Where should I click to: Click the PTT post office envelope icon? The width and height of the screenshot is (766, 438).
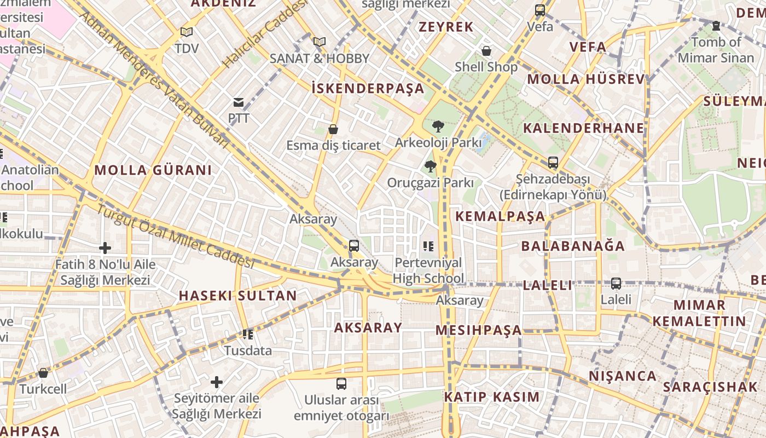coord(239,102)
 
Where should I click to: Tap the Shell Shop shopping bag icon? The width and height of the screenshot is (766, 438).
coord(486,51)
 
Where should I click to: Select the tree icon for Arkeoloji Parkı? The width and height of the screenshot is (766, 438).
coord(438,126)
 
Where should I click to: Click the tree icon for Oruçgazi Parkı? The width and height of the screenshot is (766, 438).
coord(431,166)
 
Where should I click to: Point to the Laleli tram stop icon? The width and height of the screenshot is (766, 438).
coord(616,284)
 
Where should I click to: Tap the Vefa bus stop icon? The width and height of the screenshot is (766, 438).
coord(540,10)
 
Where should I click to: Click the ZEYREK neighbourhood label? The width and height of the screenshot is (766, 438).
coord(446,27)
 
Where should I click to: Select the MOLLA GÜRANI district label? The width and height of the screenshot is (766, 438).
coord(153,170)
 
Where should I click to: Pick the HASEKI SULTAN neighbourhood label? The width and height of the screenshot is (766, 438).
coord(237,296)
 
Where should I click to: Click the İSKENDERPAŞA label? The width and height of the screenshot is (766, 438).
coord(368,88)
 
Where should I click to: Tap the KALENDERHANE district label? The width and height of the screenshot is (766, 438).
coord(584,128)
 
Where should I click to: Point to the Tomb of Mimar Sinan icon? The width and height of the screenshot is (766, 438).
coord(716,26)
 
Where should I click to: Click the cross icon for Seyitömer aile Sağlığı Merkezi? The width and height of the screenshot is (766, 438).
coord(217,382)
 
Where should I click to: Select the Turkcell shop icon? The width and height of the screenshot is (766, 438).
coord(43,373)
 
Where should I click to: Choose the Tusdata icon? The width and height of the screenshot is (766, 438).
coord(248,334)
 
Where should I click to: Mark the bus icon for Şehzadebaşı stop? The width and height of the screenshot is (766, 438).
coord(553,163)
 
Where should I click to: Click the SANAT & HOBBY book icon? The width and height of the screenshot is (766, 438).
coord(320,42)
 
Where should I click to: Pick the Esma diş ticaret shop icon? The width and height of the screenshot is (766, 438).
coord(333,129)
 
